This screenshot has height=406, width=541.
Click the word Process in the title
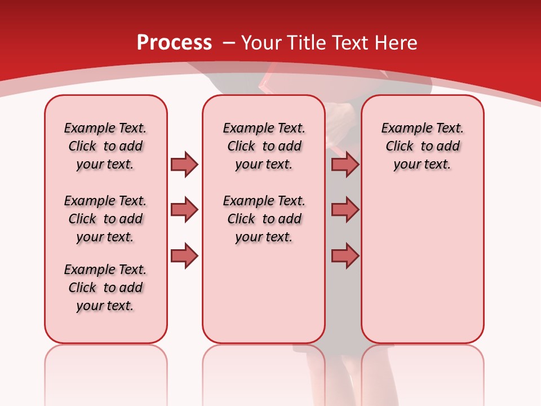[x=174, y=43]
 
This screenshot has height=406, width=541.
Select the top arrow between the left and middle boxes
[x=184, y=164]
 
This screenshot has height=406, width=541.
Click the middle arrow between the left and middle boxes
[x=184, y=210]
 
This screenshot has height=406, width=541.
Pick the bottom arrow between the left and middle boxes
[x=184, y=256]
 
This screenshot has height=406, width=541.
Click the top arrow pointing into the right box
[x=345, y=164]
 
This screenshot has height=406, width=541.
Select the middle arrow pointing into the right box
[x=345, y=210]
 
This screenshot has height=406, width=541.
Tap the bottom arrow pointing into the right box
[x=345, y=256]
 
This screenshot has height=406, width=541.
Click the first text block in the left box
[x=105, y=146]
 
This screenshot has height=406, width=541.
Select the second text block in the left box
[x=105, y=219]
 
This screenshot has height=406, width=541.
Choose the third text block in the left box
[x=105, y=288]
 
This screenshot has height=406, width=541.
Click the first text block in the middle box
[x=264, y=146]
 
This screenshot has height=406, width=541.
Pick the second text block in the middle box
[x=264, y=219]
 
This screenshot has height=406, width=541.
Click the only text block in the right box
[x=422, y=146]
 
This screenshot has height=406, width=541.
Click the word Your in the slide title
[x=261, y=43]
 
